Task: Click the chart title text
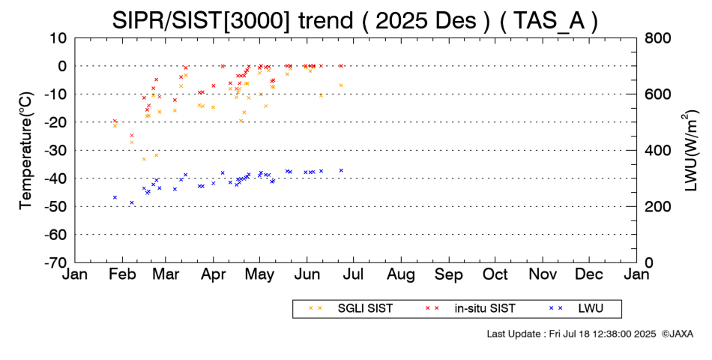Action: [x=355, y=20]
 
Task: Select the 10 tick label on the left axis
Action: [x=59, y=37]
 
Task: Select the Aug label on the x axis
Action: [x=402, y=274]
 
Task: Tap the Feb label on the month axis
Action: [x=121, y=274]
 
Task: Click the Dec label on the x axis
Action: [x=590, y=274]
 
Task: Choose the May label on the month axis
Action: [x=260, y=274]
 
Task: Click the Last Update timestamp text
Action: [x=570, y=334]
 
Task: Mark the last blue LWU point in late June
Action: [x=341, y=170]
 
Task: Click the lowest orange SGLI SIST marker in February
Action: [x=144, y=159]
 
